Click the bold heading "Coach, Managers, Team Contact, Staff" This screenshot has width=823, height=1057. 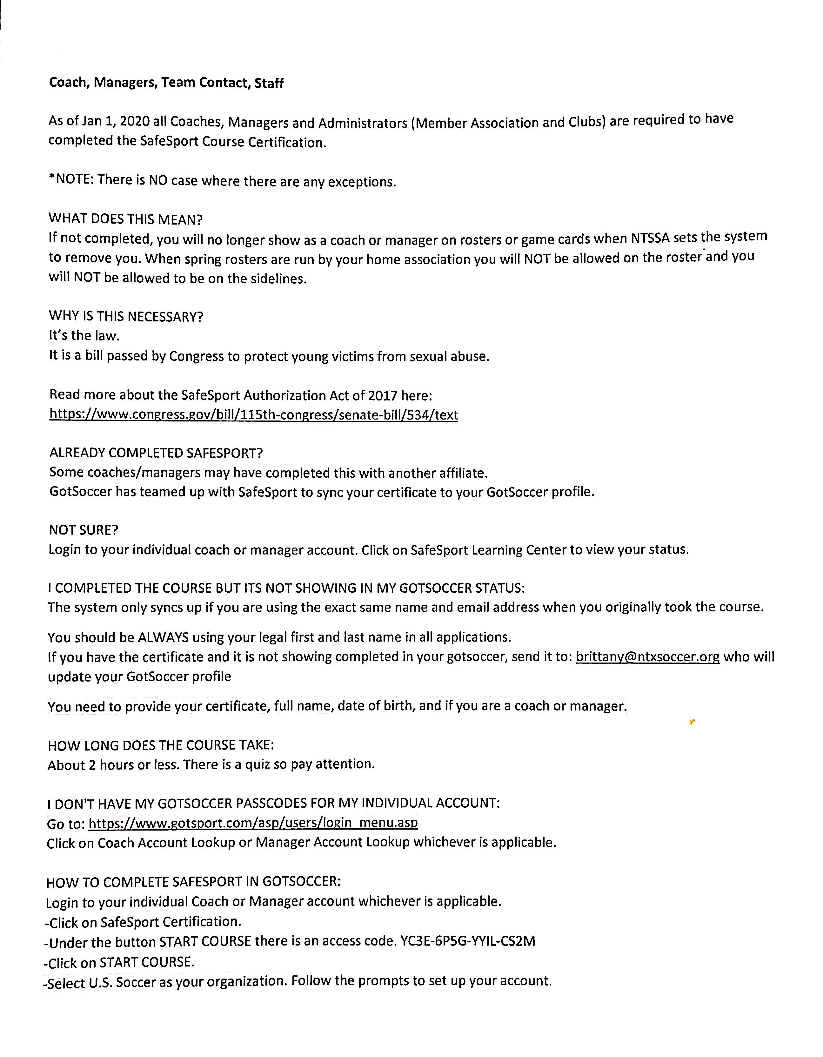pyautogui.click(x=166, y=83)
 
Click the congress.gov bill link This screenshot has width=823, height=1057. pyautogui.click(x=253, y=415)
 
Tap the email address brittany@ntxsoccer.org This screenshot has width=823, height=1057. pyautogui.click(x=647, y=657)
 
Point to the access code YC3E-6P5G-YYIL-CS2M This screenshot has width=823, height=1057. pyautogui.click(x=468, y=941)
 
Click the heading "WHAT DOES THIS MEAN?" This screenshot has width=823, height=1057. pyautogui.click(x=125, y=219)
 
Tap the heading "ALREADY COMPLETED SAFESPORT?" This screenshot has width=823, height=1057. pyautogui.click(x=156, y=453)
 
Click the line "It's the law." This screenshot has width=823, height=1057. pyautogui.click(x=84, y=336)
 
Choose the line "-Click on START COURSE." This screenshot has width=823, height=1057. pyautogui.click(x=119, y=962)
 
